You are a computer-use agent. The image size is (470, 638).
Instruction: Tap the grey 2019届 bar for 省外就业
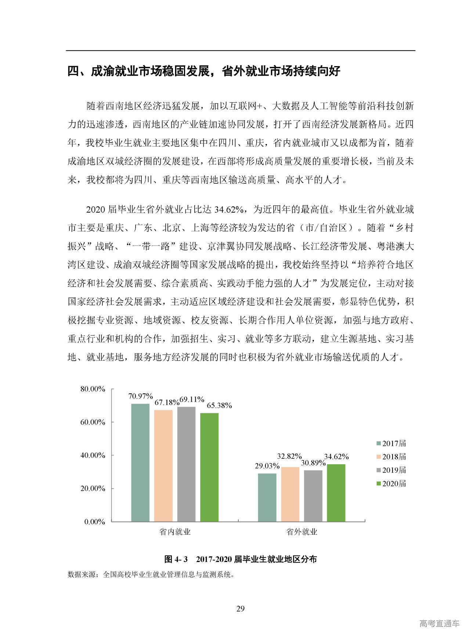(x=313, y=495)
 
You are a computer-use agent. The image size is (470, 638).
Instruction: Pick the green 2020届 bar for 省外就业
(x=336, y=493)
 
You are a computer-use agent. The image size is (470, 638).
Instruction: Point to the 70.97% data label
(x=140, y=396)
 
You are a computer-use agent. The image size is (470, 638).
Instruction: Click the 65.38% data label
(x=219, y=405)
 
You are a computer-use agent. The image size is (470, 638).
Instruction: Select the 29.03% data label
(x=267, y=466)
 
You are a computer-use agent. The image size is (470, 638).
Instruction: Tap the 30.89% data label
(x=313, y=463)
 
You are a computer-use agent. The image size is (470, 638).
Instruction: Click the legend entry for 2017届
(x=391, y=443)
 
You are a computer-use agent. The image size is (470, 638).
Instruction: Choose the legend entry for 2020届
(x=391, y=483)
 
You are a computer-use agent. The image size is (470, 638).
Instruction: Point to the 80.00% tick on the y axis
(x=93, y=389)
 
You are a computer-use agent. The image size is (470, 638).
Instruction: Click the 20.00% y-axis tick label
(x=93, y=489)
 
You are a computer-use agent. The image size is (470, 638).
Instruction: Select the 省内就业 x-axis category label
(x=175, y=531)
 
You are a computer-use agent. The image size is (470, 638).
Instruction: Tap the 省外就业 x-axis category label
(x=301, y=531)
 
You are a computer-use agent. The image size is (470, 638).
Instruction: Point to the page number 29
(x=240, y=609)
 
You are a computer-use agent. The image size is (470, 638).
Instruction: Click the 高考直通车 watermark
(x=439, y=623)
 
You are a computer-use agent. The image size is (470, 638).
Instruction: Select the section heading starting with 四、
(x=204, y=71)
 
